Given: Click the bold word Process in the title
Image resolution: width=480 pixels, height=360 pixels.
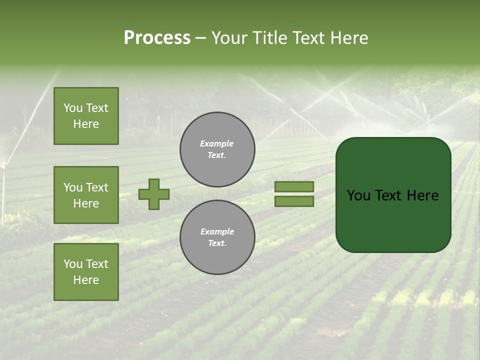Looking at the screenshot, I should point(157,38).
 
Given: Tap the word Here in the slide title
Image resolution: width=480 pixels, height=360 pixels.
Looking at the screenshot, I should point(348,38).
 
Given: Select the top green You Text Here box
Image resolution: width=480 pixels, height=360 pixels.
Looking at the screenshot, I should point(86,116).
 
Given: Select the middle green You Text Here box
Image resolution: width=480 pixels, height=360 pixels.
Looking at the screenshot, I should point(86,195).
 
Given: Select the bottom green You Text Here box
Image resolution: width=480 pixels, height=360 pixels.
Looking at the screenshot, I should point(86,272).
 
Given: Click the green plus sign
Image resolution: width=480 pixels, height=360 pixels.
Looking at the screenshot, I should point(154,194).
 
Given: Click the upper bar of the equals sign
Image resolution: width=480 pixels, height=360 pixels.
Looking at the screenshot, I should point(294,186).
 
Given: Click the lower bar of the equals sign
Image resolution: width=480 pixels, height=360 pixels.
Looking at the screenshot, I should point(294,201).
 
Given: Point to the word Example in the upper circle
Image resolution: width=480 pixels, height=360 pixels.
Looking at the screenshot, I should point(216,143).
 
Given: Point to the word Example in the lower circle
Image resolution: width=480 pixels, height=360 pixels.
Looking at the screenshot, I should point(217,231).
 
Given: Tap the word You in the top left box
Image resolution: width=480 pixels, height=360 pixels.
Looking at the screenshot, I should point(73,108).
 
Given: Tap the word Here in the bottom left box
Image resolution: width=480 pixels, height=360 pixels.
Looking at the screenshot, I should point(86,280).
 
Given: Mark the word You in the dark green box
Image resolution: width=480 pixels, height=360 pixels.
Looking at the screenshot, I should point(358,195).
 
